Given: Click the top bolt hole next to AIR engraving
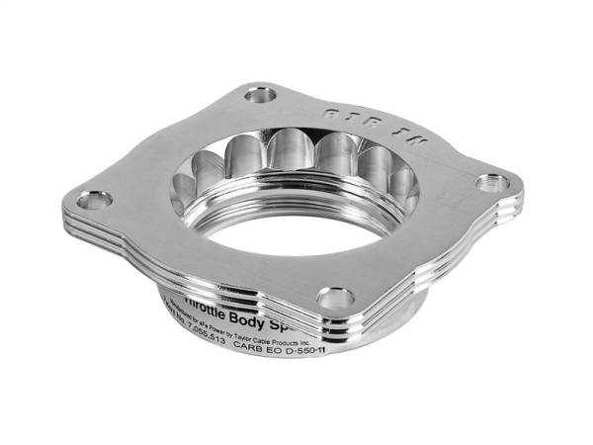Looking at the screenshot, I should pyautogui.click(x=263, y=96).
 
